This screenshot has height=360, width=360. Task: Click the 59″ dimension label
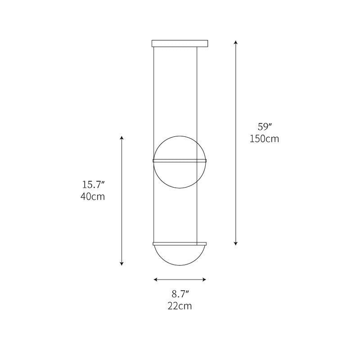click(x=264, y=127)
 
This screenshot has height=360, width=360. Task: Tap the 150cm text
click(x=264, y=139)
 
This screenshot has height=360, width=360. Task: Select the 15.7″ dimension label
click(x=93, y=184)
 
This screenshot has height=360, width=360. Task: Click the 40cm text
click(x=93, y=197)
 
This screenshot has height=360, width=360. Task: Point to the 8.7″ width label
click(x=180, y=294)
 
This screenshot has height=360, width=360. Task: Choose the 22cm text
click(x=180, y=306)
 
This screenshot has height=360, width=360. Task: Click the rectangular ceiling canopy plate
click(x=180, y=44)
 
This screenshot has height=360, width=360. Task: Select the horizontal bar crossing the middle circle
click(x=180, y=160)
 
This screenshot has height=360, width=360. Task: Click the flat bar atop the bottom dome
click(x=180, y=244)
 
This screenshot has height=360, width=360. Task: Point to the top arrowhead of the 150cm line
click(x=236, y=42)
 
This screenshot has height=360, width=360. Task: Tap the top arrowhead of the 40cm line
click(x=121, y=137)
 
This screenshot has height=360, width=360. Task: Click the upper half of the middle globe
click(x=180, y=146)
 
